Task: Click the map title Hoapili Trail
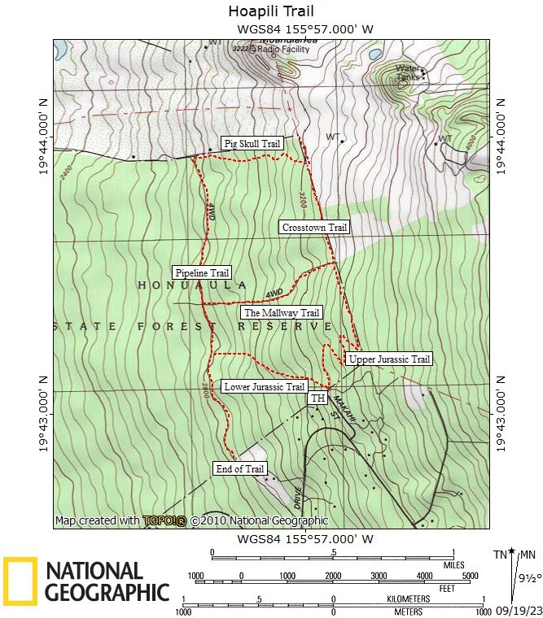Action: [x=271, y=11]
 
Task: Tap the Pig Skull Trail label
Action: [x=252, y=144]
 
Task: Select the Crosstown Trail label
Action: [x=314, y=228]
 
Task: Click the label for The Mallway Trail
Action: [x=282, y=312]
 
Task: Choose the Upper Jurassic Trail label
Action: [x=388, y=359]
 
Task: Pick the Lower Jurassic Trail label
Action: [x=264, y=387]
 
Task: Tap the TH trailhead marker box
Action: [x=317, y=398]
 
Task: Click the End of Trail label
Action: [x=240, y=469]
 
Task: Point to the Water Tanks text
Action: [x=409, y=73]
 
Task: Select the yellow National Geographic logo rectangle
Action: [x=20, y=581]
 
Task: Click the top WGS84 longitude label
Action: [x=305, y=29]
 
